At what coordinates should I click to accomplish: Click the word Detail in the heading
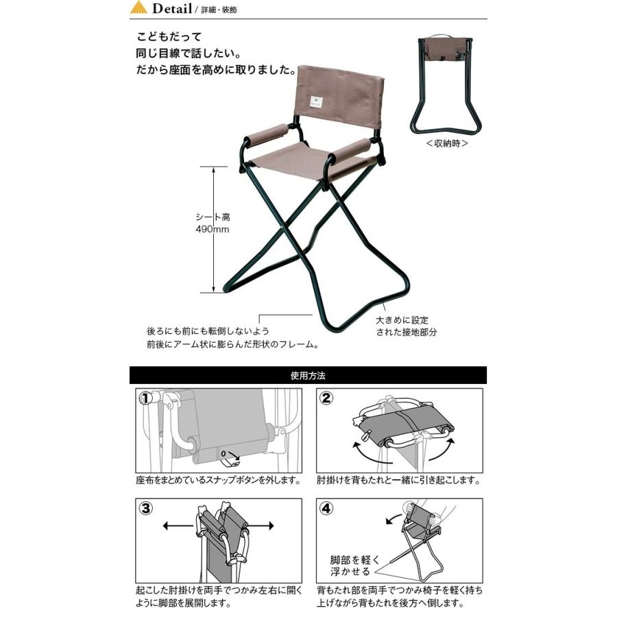click(x=172, y=8)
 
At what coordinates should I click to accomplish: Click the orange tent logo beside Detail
click(x=138, y=7)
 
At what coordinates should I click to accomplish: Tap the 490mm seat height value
click(x=213, y=229)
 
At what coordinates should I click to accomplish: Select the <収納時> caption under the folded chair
click(x=447, y=143)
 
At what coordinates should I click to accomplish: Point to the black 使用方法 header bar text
click(x=308, y=376)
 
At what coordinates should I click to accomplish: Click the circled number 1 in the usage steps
click(x=146, y=398)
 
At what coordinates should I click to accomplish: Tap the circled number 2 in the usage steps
click(x=326, y=398)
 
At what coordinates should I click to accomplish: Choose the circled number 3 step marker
click(x=146, y=509)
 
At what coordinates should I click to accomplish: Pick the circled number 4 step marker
click(x=326, y=509)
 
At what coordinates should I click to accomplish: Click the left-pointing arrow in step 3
click(x=179, y=526)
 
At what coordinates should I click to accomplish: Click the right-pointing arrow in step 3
click(x=261, y=526)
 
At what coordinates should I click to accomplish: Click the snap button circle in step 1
click(x=224, y=453)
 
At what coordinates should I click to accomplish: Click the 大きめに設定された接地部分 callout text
click(x=406, y=326)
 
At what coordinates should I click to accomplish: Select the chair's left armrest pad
click(x=267, y=135)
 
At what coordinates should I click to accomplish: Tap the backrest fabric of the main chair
click(x=339, y=97)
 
